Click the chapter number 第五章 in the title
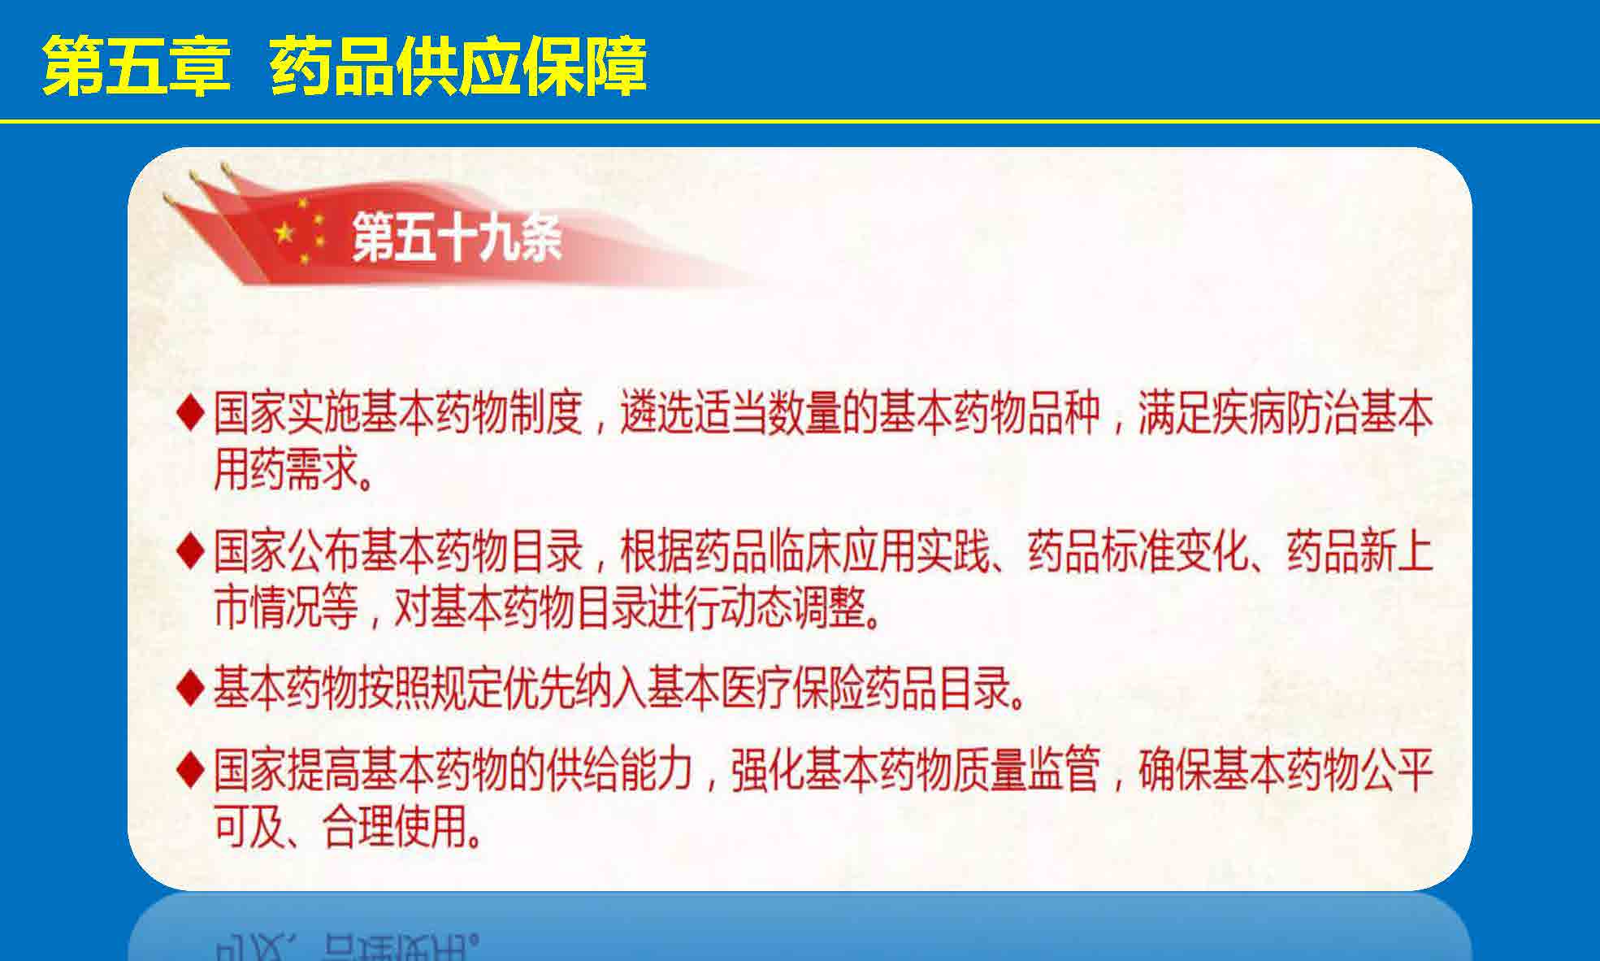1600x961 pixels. [137, 65]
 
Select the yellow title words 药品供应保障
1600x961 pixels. [458, 65]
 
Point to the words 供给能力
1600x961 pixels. [620, 770]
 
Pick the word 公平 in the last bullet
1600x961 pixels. [1395, 770]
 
